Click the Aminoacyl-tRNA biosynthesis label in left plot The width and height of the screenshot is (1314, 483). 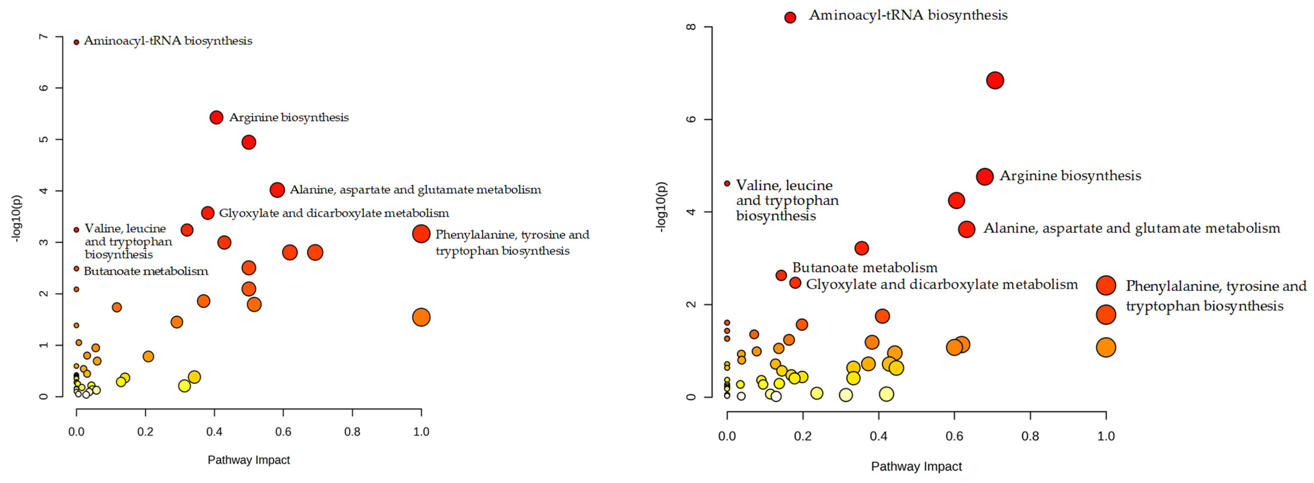coord(168,41)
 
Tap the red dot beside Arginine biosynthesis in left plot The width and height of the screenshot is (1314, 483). coord(216,117)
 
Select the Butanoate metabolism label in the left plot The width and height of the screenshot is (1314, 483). coord(146,271)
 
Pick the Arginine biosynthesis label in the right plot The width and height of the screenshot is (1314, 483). coord(1070,176)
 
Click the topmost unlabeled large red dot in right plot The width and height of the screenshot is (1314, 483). coord(995,81)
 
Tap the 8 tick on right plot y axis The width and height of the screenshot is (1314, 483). coord(691,27)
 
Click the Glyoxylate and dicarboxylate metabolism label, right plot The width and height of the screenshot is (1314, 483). coord(942,284)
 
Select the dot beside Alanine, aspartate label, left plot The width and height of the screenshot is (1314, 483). coord(277,190)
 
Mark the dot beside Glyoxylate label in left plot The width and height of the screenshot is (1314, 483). coord(207,213)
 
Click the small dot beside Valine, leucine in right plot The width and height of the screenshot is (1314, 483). coord(727,183)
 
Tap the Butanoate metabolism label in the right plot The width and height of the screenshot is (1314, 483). coord(864,267)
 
